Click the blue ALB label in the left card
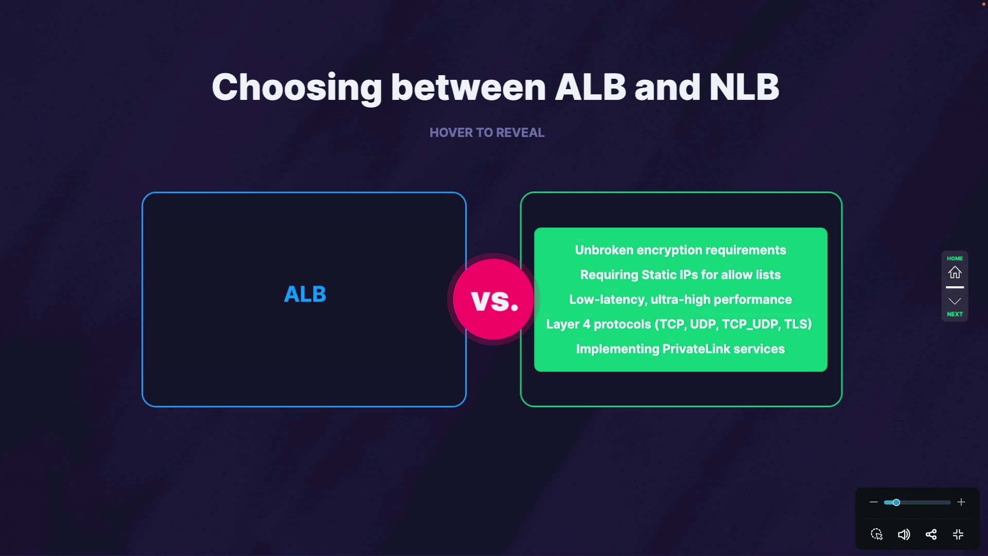[x=305, y=294]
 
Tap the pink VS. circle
[x=493, y=299]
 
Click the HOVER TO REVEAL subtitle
[x=487, y=133]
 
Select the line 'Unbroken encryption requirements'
[x=680, y=250]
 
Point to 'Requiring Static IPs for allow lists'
[x=680, y=275]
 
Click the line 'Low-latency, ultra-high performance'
[x=680, y=300]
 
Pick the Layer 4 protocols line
[x=679, y=324]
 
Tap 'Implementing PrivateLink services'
[x=680, y=349]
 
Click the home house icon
[x=955, y=272]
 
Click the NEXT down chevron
[x=955, y=301]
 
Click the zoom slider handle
[x=896, y=502]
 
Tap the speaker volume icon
[x=904, y=534]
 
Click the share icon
[x=931, y=534]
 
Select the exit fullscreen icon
[x=958, y=534]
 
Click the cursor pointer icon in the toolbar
[x=877, y=534]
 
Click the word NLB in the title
[x=744, y=87]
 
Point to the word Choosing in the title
[x=297, y=88]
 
